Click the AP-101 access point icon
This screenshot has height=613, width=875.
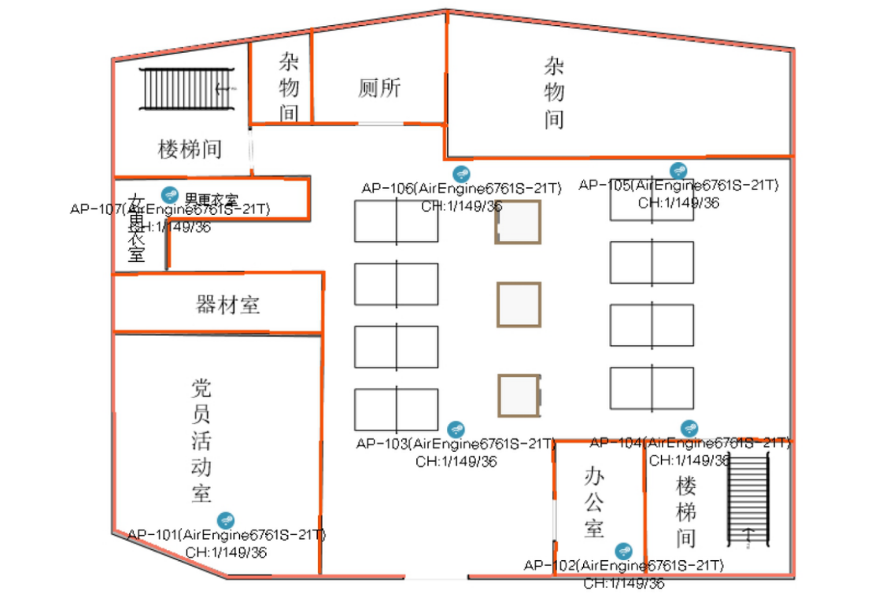pos(226,519)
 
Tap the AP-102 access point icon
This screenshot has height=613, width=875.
pos(624,550)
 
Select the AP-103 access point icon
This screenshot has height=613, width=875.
pos(456,429)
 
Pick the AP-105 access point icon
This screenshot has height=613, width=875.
pos(678,171)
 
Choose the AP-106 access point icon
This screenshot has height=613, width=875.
pos(461,173)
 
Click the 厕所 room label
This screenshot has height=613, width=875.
pos(379,88)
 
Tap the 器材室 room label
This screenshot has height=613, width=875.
pos(227,305)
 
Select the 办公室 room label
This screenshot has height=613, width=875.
pos(594,501)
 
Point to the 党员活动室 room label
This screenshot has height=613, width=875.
pos(201,440)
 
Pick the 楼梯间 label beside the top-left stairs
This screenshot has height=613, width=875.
pos(190,149)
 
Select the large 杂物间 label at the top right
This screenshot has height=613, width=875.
pos(554,92)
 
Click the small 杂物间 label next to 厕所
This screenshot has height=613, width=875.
pos(289,87)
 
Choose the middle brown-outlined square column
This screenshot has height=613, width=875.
pos(519,305)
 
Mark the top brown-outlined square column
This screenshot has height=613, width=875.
pos(517,223)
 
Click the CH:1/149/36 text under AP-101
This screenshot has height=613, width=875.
pos(226,552)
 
